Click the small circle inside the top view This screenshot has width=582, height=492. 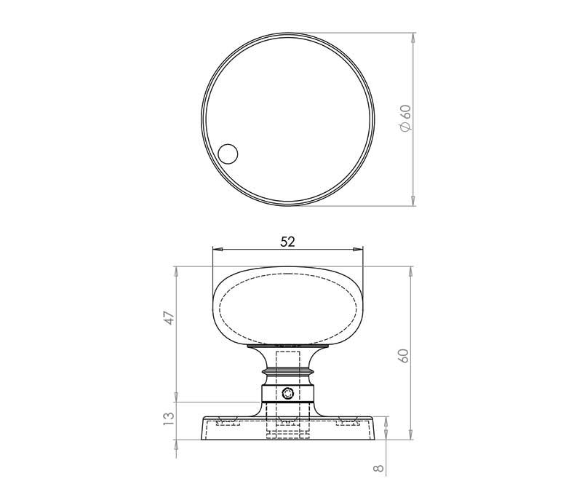(x=228, y=154)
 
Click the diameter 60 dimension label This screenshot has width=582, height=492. (x=405, y=118)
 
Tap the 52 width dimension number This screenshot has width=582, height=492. (x=287, y=242)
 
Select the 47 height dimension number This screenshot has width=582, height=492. (x=170, y=318)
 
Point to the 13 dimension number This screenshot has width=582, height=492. (x=169, y=418)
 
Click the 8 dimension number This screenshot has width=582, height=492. (x=378, y=468)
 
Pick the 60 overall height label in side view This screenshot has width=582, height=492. (x=404, y=356)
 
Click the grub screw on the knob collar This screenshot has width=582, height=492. (x=287, y=393)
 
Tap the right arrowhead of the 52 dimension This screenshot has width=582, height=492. (x=358, y=249)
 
